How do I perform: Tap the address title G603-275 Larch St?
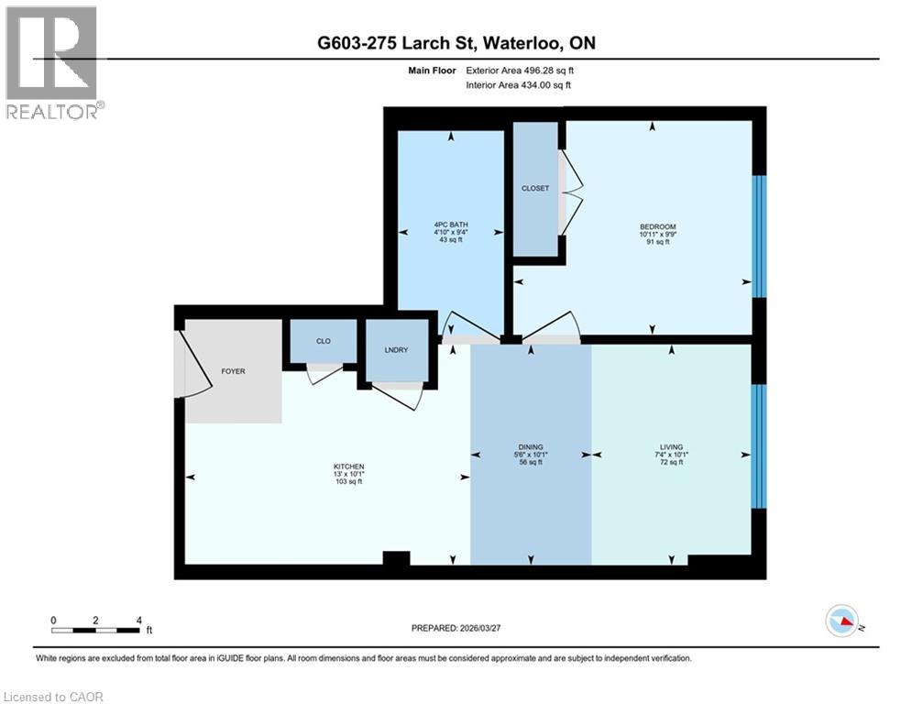pos(456,43)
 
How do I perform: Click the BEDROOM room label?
pos(657,227)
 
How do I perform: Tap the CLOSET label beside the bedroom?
pos(535,188)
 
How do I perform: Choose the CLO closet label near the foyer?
pos(323,341)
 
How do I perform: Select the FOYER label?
pos(234,371)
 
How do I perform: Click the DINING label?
pos(531,448)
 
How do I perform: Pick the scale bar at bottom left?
pos(95,629)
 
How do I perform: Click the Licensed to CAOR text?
pos(54,697)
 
